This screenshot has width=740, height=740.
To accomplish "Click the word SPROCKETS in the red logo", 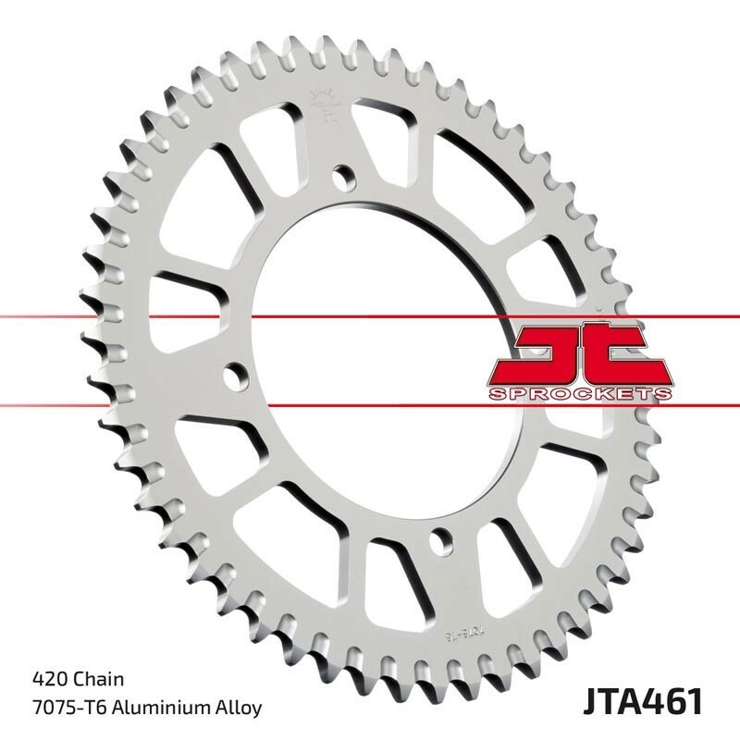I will [x=578, y=394].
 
